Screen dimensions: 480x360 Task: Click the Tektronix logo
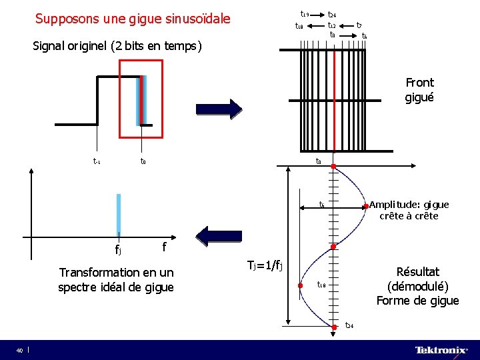coord(441,350)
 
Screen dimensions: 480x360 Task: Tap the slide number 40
coord(20,350)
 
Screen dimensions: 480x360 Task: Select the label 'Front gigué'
coord(419,90)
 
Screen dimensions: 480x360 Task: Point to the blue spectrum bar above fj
coord(118,213)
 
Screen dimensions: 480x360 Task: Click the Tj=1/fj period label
coord(265,265)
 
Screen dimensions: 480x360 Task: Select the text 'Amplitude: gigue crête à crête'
coord(409,210)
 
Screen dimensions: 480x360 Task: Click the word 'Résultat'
coord(417,272)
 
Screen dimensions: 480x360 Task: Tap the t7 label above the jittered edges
coord(359,25)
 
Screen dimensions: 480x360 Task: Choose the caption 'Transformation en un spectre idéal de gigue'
coord(116,279)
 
